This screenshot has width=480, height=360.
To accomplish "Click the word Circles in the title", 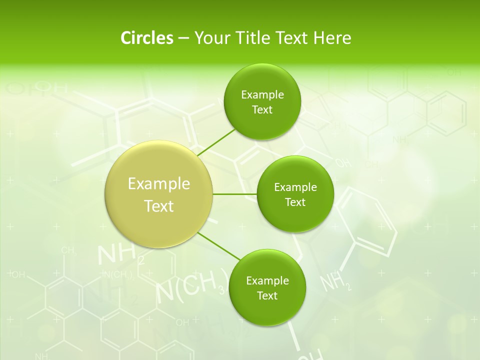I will [x=146, y=37].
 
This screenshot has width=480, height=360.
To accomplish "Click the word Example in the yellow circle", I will [x=159, y=184].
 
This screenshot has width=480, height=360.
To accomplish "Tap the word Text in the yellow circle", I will [x=159, y=206].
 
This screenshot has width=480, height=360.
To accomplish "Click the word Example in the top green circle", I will [x=262, y=95].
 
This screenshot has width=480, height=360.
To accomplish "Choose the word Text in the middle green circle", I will [x=295, y=202].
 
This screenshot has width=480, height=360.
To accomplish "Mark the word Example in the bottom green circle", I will [x=267, y=281].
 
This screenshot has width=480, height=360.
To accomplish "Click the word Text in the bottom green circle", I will [x=267, y=295].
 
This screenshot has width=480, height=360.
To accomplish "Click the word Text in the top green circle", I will [x=262, y=109].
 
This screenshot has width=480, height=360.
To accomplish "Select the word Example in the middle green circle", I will [x=295, y=187].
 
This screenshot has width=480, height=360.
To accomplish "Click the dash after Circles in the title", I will [x=183, y=38].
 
